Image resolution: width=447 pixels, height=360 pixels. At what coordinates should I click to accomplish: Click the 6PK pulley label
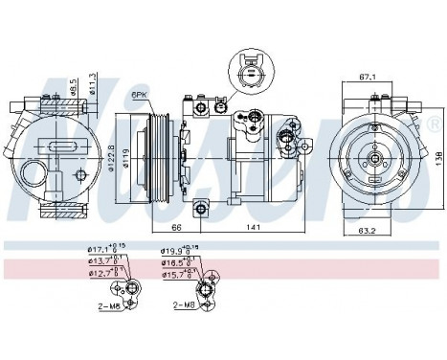click(139, 95)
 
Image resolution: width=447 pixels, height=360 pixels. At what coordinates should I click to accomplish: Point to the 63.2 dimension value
click(368, 231)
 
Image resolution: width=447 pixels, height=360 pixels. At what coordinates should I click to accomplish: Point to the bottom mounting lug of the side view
click(201, 208)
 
